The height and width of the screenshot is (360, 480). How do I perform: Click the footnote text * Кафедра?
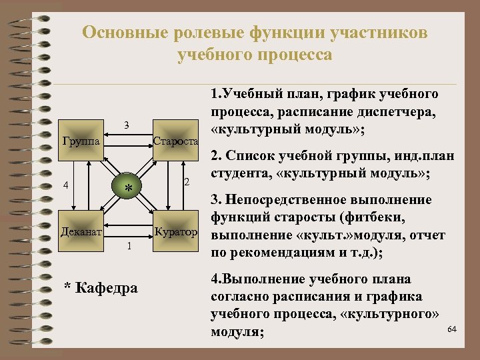pos(101,288)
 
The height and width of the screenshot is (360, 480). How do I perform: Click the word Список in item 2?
pos(248,157)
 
